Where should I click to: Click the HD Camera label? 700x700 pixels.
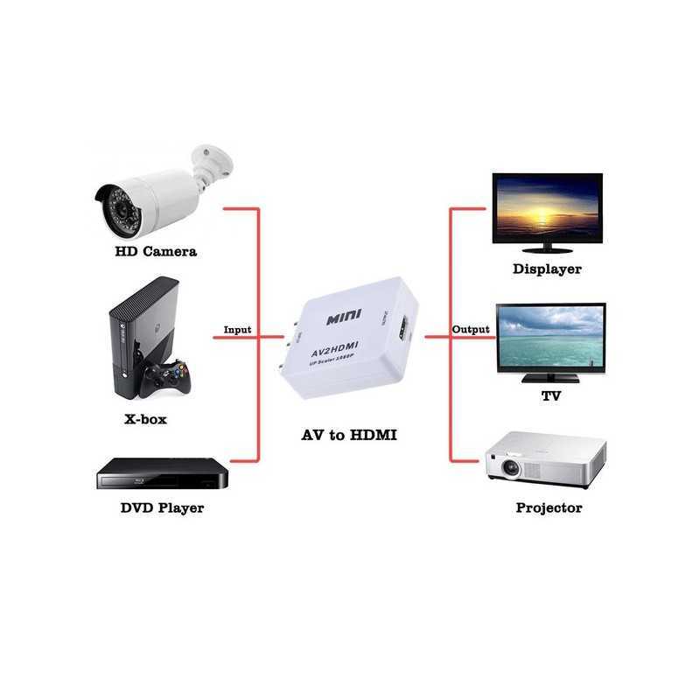pos(156,251)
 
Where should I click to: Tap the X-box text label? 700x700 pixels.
pos(145,419)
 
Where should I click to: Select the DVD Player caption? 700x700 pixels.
pos(162,507)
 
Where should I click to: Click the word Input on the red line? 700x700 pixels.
pos(237,330)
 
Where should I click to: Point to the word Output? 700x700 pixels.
pos(471,330)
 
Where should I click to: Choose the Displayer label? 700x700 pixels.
pos(547,269)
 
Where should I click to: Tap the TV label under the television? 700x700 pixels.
pos(551,396)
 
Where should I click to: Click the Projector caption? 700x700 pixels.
pos(549,507)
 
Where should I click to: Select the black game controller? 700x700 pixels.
pos(165,376)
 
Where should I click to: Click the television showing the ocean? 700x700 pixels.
pos(550,337)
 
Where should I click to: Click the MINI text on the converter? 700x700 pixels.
pos(339,318)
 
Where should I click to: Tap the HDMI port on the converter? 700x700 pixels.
pos(403,331)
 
